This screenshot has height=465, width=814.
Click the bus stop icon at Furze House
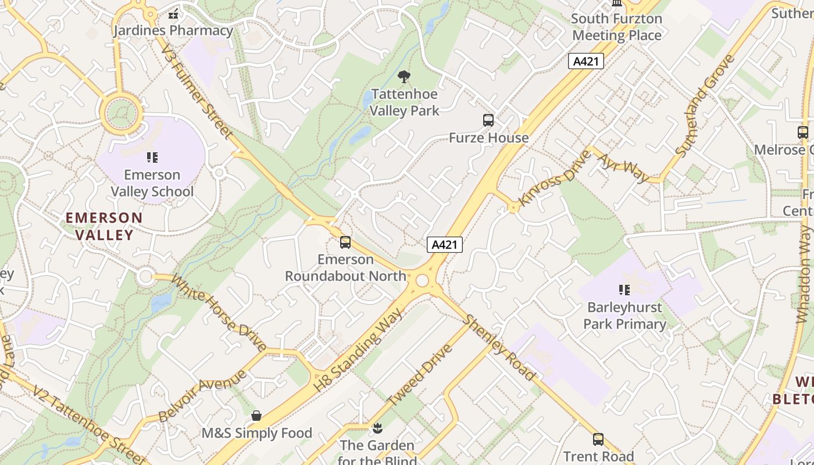tap(488, 120)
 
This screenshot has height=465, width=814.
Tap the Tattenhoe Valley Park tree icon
tap(404, 77)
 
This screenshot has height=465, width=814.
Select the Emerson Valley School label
tap(152, 183)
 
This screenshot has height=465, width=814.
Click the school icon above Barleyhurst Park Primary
tap(624, 289)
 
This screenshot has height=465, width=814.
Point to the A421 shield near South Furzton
tap(585, 61)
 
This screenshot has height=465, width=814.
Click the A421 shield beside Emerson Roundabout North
tap(445, 245)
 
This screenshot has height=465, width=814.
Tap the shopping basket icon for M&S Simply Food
tap(256, 416)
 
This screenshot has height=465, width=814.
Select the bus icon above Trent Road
tap(598, 439)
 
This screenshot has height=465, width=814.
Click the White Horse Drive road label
tap(219, 314)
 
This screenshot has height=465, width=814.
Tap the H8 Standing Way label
tap(358, 350)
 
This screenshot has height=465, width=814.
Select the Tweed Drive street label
tap(419, 375)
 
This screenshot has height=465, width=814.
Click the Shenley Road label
tap(499, 348)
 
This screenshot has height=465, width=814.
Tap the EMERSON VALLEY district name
tap(104, 226)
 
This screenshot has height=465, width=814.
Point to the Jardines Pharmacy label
tap(173, 30)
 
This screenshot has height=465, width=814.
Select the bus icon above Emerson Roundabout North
tap(345, 242)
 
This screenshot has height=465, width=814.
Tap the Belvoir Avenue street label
tap(202, 395)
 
